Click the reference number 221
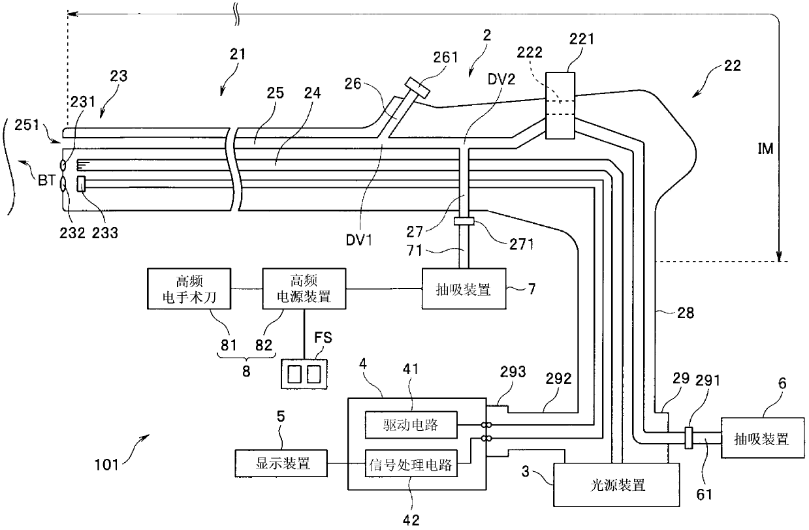[x=582, y=39]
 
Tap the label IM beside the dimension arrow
[x=765, y=148]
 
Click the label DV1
[x=358, y=240]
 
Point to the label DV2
[x=501, y=79]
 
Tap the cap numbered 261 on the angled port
[x=417, y=87]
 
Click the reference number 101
[x=106, y=465]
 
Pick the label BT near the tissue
[x=46, y=180]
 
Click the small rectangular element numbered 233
[x=81, y=184]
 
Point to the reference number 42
[x=411, y=520]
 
